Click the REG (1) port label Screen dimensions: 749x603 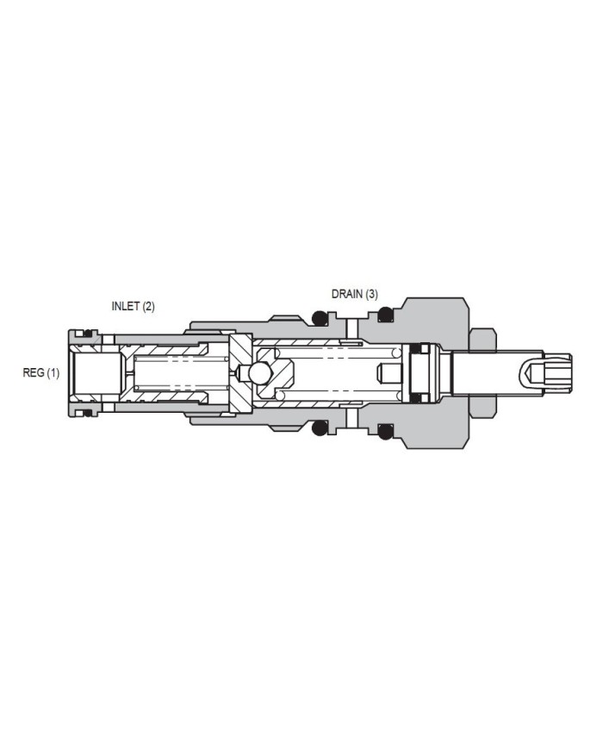pyautogui.click(x=40, y=373)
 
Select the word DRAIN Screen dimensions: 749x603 pyautogui.click(x=347, y=294)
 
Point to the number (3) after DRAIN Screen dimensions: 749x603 pyautogui.click(x=371, y=294)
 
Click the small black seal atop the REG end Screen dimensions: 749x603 pyautogui.click(x=85, y=334)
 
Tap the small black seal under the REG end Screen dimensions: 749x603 pyautogui.click(x=85, y=413)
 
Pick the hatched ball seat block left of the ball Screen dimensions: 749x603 pyautogui.click(x=239, y=373)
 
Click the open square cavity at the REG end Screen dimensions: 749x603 pyautogui.click(x=96, y=373)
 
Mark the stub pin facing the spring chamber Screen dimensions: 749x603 pyautogui.click(x=389, y=373)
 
